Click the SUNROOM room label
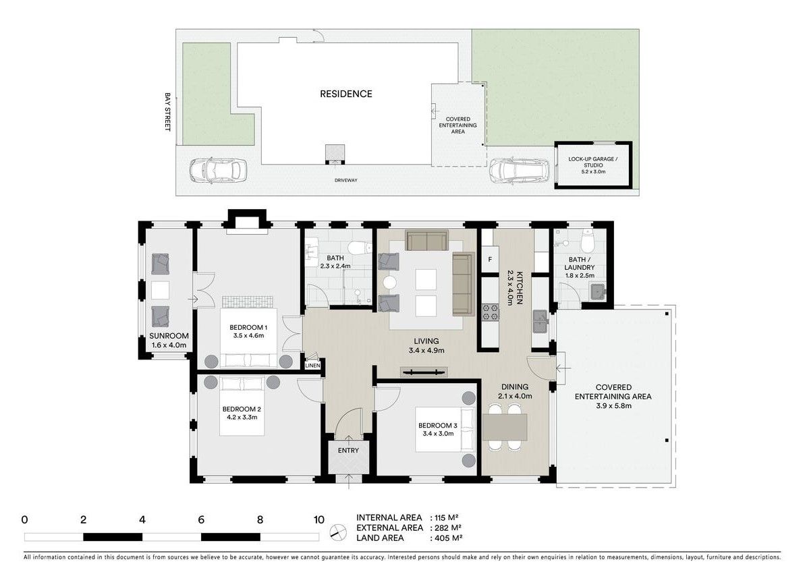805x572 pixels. [169, 336]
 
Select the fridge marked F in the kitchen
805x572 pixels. [489, 260]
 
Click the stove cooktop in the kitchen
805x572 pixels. [489, 311]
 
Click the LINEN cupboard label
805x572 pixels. [312, 366]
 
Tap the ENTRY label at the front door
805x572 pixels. [348, 451]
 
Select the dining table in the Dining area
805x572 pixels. [505, 427]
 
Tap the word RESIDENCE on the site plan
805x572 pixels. [345, 94]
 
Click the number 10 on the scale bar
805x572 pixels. [318, 519]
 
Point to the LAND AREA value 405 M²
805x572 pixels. [447, 538]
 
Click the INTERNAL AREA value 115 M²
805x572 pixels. [447, 517]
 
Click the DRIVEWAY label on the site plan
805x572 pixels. [345, 181]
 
